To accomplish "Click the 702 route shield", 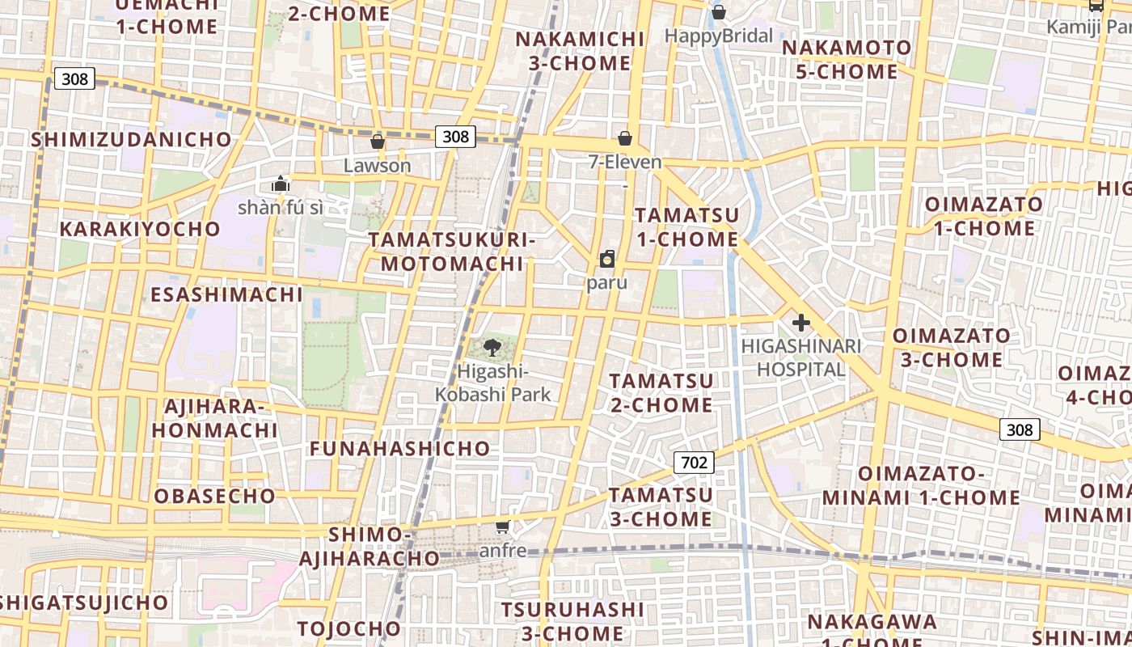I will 694,463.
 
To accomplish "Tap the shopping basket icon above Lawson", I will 377,142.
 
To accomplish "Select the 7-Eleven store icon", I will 624,138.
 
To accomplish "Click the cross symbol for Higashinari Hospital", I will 800,323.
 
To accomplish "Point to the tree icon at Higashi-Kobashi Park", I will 492,349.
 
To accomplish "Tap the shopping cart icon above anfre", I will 502,527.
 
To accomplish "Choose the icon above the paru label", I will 607,259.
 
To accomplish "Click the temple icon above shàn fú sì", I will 281,184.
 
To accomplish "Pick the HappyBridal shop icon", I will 718,12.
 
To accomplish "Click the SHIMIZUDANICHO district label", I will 132,139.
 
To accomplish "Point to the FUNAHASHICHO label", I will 400,448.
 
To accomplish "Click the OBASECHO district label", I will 214,496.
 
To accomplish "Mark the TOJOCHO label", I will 348,628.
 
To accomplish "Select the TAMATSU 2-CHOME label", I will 661,392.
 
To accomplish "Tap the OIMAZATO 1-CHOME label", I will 984,216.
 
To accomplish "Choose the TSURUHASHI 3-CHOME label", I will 572,621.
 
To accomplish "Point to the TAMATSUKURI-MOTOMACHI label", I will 452,252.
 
